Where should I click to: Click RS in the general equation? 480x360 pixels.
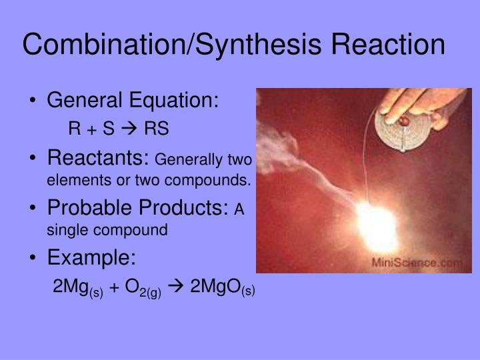pyautogui.click(x=157, y=128)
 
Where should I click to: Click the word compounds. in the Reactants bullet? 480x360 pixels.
pyautogui.click(x=220, y=180)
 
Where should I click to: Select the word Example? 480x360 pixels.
pyautogui.click(x=91, y=258)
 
